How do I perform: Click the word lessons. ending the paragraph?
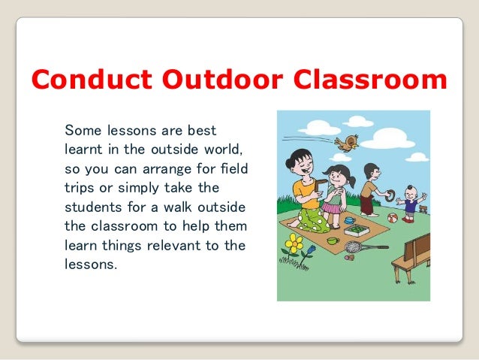91,265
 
